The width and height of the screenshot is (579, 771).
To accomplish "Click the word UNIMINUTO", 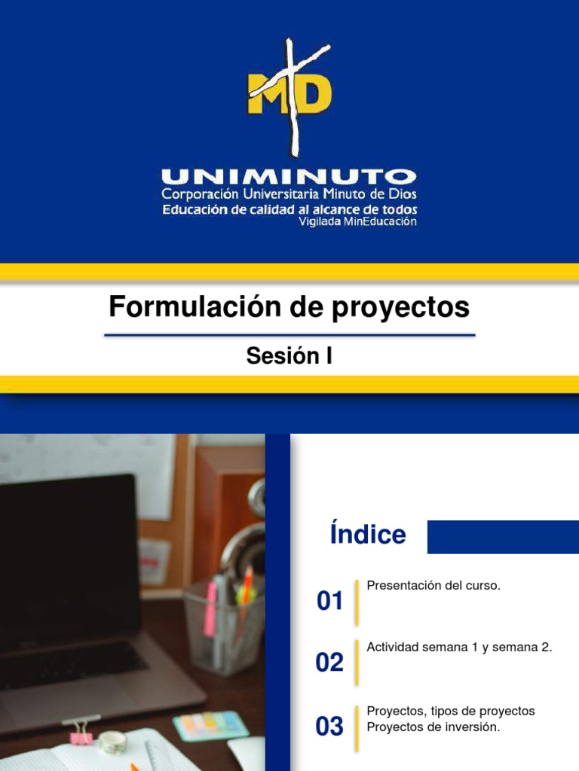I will point(289,178).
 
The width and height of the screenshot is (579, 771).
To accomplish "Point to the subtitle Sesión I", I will point(289,356).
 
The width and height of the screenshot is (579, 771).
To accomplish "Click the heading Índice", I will point(368,535).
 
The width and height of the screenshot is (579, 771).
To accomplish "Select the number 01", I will point(330,602).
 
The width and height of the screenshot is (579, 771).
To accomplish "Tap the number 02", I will point(330,663).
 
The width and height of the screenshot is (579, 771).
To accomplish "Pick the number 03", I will point(330,727).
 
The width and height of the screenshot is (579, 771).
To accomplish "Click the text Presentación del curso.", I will point(433,586).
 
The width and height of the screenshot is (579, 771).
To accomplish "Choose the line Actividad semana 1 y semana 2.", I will point(459,648).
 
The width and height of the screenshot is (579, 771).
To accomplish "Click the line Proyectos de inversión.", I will point(433,727).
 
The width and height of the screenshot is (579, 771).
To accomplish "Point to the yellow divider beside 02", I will point(357,663).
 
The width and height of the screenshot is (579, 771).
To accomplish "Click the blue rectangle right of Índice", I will point(503,537).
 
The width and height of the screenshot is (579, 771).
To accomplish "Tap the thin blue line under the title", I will point(289,335).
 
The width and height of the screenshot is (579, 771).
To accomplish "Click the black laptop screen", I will point(68,557).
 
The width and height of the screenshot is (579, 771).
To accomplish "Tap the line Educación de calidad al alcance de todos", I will point(289,209).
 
